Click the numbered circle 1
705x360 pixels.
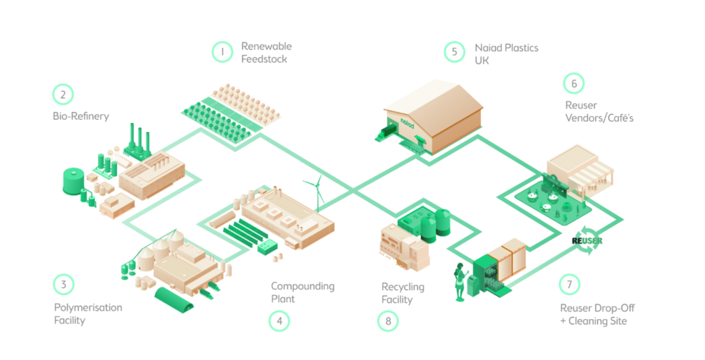click(222, 51)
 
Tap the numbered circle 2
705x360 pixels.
click(63, 94)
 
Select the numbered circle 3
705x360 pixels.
click(63, 285)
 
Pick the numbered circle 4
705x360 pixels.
click(279, 321)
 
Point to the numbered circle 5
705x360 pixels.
click(455, 51)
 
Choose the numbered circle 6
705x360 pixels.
click(574, 83)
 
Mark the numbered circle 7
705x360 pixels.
click(569, 285)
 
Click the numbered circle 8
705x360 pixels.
click(388, 321)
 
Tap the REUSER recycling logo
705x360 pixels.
click(587, 240)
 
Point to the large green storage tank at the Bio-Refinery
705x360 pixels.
click(72, 182)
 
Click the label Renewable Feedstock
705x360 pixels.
click(266, 53)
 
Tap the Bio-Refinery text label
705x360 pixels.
click(81, 116)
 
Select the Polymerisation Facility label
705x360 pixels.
click(88, 314)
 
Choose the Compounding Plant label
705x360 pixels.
click(302, 292)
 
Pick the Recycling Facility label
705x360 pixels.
click(403, 293)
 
